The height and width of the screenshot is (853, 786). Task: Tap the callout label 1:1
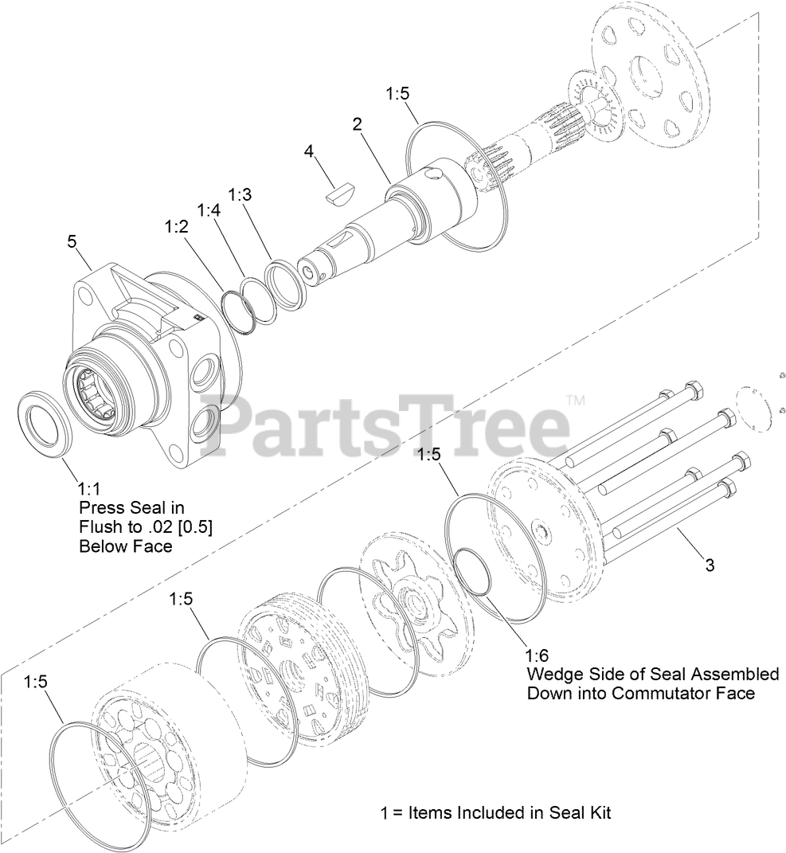(89, 487)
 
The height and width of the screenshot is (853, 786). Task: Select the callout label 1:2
(176, 226)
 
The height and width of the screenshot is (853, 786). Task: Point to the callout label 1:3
(240, 194)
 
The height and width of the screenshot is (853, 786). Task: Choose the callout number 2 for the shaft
(358, 123)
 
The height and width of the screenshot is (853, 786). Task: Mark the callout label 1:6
(538, 656)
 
